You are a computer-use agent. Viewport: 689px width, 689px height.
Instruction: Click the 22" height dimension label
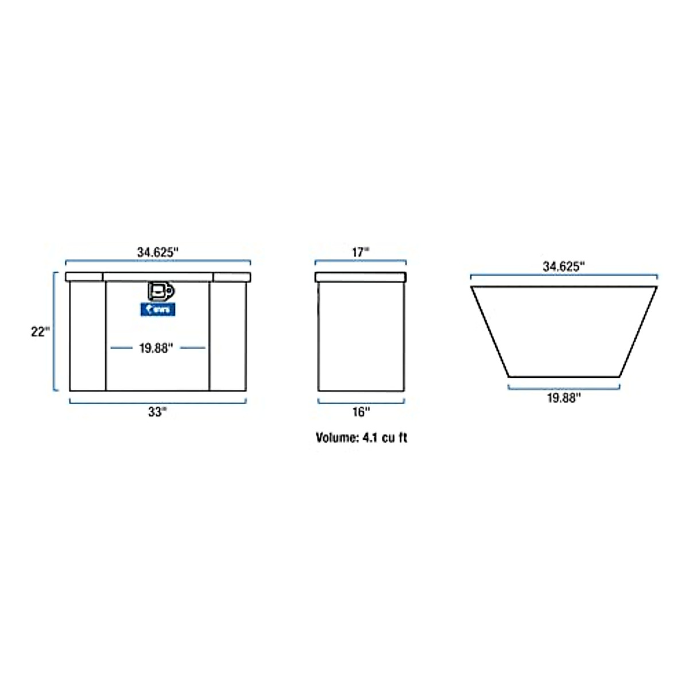pos(40,331)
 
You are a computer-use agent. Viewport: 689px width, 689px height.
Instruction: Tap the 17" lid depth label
pos(361,251)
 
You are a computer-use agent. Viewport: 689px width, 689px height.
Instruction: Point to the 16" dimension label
pos(361,412)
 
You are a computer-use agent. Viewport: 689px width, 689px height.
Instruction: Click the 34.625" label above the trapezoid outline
pos(564,266)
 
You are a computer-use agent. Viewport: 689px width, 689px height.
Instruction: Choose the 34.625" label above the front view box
pos(158,251)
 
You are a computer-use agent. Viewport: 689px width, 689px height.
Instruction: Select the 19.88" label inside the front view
pos(156,348)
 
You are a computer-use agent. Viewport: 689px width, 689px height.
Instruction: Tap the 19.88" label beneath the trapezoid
pos(564,398)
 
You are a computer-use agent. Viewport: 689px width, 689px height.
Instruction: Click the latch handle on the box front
pos(160,291)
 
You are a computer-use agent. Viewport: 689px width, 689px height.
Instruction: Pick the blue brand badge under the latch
pos(158,310)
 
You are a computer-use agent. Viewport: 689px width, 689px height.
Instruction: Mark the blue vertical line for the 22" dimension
pos(55,331)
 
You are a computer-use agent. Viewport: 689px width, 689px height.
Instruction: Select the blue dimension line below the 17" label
pos(361,261)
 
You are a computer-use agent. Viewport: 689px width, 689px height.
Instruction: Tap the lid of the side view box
pos(361,277)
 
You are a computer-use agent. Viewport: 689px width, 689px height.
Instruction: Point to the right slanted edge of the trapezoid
pos(638,331)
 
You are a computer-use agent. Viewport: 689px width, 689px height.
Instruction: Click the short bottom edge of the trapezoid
pos(564,377)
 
